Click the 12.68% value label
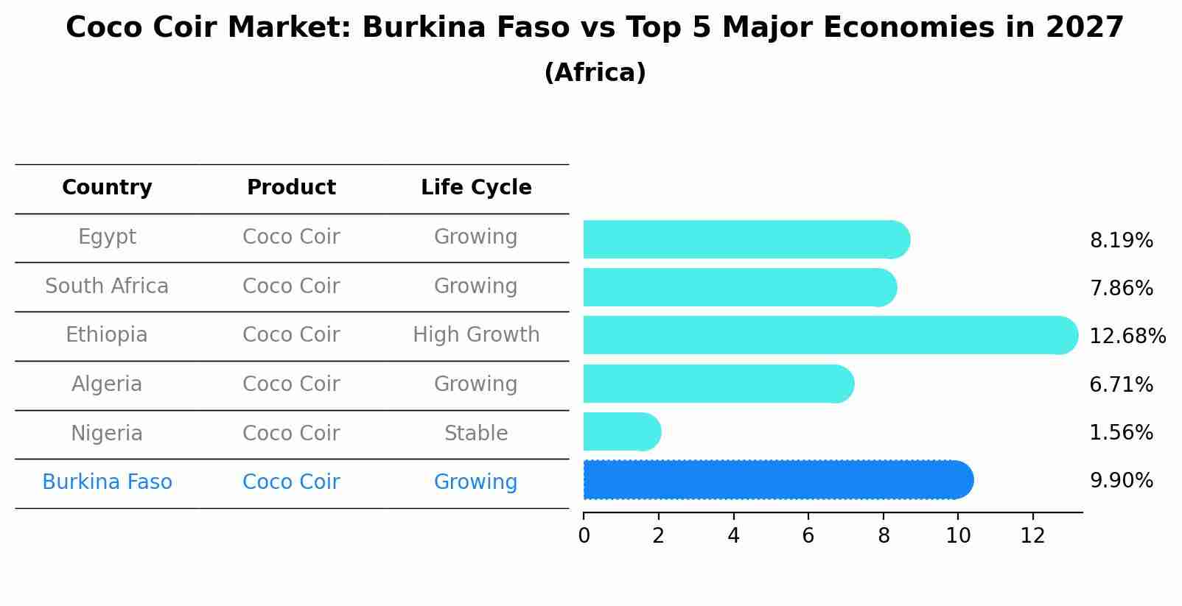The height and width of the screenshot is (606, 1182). click(1127, 337)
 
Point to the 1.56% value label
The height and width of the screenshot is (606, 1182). click(1121, 433)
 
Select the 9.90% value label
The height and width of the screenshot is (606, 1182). click(1121, 481)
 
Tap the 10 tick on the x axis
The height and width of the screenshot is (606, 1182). click(958, 536)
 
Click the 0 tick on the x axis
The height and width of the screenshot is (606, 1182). click(584, 536)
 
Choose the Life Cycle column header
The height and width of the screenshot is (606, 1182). click(476, 188)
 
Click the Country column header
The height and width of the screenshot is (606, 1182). click(107, 188)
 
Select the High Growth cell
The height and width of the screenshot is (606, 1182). click(476, 335)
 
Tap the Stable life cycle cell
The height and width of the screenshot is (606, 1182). click(476, 434)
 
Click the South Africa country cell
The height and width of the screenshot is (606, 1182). click(107, 286)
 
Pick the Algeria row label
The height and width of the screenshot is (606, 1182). click(107, 384)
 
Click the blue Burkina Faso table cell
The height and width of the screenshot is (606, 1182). click(107, 482)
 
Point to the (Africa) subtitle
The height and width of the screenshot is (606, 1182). click(595, 73)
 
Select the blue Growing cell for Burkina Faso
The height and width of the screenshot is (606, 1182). click(476, 482)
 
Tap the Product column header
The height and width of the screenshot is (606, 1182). click(291, 188)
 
